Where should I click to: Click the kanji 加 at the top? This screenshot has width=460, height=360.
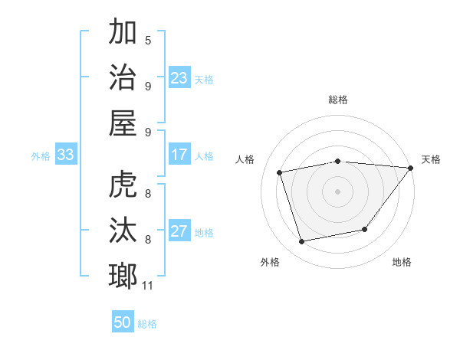click(x=123, y=33)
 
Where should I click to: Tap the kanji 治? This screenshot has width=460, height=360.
click(x=123, y=77)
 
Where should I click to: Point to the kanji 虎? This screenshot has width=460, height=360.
click(x=123, y=185)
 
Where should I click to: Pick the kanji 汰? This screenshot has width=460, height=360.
click(x=123, y=231)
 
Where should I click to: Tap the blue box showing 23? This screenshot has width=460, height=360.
click(x=179, y=77)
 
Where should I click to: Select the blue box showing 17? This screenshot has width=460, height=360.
click(x=179, y=155)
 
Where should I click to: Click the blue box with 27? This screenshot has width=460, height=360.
click(x=179, y=231)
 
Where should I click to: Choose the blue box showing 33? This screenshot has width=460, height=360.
click(x=65, y=155)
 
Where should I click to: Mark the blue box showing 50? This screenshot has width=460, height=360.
click(x=123, y=322)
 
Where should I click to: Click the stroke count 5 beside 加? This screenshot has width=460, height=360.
click(x=148, y=41)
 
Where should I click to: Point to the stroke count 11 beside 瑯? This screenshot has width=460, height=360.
click(x=148, y=286)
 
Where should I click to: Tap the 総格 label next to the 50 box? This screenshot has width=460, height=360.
click(x=147, y=323)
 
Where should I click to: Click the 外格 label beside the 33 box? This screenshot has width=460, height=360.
click(x=41, y=155)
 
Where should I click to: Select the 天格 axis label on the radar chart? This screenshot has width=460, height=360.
click(x=431, y=159)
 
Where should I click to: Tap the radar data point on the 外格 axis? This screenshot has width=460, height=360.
click(x=302, y=241)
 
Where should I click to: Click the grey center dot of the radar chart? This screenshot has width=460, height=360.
click(x=337, y=191)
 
